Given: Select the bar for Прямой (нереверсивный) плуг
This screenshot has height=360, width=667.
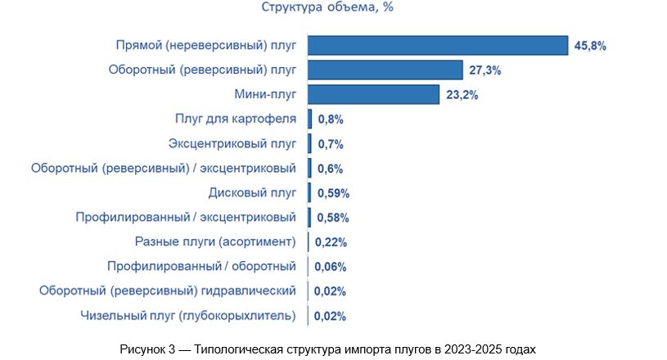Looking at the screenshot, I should click(x=438, y=46).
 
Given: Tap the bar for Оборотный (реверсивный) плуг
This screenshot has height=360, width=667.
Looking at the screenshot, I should click(x=385, y=70).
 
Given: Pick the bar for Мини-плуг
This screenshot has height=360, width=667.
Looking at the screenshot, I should click(x=374, y=95).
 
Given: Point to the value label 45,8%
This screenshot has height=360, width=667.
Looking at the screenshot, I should click(x=590, y=46).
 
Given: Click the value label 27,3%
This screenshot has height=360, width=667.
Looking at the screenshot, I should click(x=485, y=70).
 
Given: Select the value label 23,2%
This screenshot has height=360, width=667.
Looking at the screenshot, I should click(x=462, y=95).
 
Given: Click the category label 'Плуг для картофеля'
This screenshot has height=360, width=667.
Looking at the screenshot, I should click(x=236, y=119).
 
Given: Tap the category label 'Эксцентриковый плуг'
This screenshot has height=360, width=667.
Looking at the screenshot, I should click(x=232, y=144).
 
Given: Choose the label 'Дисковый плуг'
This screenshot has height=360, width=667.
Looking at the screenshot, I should click(x=252, y=193).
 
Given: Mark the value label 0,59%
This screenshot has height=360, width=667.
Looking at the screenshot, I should click(x=334, y=193).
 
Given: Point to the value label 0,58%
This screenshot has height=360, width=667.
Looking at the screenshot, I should click(x=334, y=218).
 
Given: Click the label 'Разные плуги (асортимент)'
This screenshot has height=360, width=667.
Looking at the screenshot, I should click(x=214, y=242).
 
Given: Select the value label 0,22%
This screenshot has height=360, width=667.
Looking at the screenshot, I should click(x=331, y=242).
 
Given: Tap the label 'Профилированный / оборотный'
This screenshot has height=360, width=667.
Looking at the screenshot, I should click(x=201, y=266).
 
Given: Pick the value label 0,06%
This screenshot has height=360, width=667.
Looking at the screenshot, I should click(x=331, y=266).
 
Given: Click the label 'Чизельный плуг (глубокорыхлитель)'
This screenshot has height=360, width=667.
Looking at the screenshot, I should click(x=187, y=315).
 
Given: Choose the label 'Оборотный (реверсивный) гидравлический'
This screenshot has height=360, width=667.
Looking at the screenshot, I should click(x=168, y=290).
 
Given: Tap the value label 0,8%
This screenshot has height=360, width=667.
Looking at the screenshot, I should click(x=331, y=119).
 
